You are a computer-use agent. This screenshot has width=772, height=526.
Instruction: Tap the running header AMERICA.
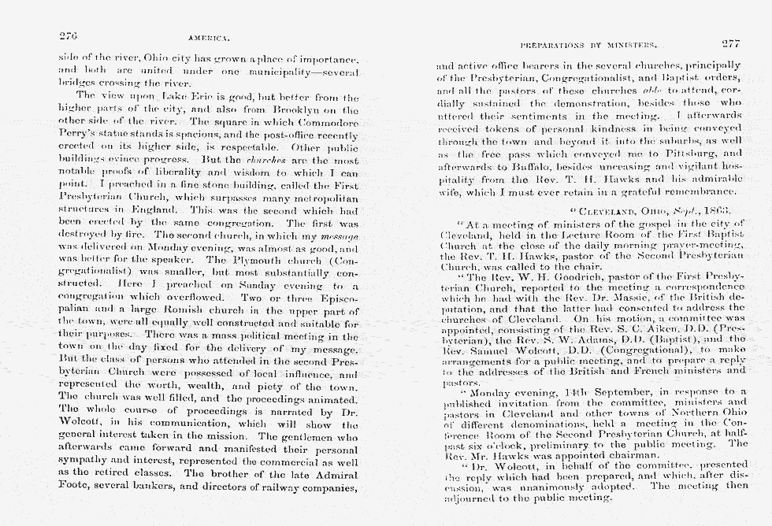[208, 37]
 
